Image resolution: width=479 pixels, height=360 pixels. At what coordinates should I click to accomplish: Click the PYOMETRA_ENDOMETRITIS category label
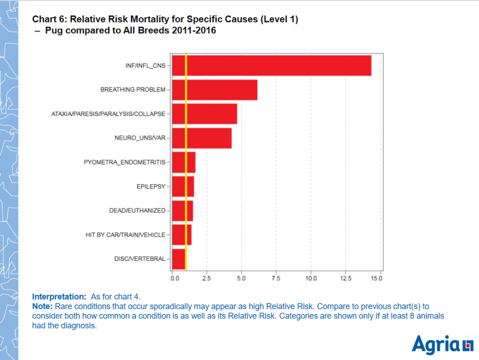click(124, 163)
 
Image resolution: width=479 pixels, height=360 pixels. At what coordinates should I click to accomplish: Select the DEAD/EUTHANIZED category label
click(137, 210)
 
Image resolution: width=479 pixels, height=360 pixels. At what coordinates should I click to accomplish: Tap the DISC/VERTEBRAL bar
click(178, 259)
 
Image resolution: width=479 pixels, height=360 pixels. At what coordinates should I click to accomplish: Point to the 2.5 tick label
click(207, 278)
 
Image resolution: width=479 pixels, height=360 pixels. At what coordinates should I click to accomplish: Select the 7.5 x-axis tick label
click(276, 278)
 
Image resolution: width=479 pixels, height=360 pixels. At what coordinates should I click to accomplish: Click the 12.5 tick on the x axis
click(346, 278)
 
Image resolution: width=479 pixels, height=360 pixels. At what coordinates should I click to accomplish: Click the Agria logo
click(441, 345)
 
